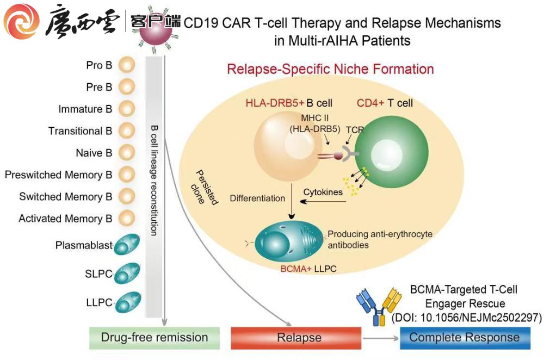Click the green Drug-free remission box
click(154, 338)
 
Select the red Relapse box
click(296, 338)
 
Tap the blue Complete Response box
click(464, 338)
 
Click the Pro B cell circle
click(127, 65)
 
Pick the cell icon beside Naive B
click(127, 153)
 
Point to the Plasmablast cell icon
click(127, 245)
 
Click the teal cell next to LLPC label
click(128, 301)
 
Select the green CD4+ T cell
click(385, 151)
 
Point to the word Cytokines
click(323, 192)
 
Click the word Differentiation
click(257, 198)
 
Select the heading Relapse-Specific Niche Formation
click(330, 70)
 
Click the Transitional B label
click(80, 131)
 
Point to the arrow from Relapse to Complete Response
click(380, 338)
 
